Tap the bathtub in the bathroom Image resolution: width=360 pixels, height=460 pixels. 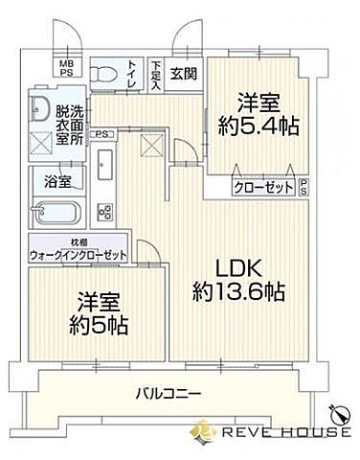pos(59,213)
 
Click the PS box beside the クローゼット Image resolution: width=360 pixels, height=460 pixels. pos(304,189)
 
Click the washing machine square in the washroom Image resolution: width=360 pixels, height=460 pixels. pos(40,144)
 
